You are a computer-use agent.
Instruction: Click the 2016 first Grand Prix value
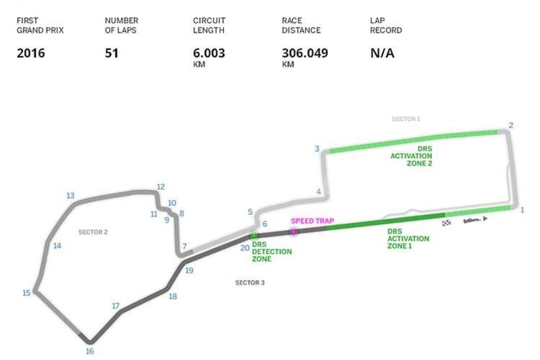coord(30,53)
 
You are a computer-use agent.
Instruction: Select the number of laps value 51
coord(112,53)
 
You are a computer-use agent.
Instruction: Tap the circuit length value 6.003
coord(209,53)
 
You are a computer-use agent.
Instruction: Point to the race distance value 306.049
coord(305,53)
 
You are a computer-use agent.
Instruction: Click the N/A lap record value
coord(382,53)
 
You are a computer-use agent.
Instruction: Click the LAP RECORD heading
coord(385,25)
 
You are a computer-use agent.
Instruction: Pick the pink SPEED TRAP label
coord(312,220)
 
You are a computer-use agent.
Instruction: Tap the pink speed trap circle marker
coord(294,232)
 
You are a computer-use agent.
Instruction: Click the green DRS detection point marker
coord(253,235)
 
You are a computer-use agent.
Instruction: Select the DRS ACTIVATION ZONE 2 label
coord(411,156)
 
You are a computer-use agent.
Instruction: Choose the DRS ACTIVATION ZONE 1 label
coord(408,239)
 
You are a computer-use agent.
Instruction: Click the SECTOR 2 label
coord(93,232)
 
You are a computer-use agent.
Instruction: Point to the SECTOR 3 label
coord(250,282)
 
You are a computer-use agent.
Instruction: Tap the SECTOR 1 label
coord(406,119)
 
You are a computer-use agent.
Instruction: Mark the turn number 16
coord(89,351)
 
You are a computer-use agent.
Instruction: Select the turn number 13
coord(70,196)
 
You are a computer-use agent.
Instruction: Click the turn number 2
coord(511,125)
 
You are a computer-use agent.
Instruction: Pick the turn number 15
coord(26,293)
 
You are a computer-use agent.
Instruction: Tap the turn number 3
coord(317,149)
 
